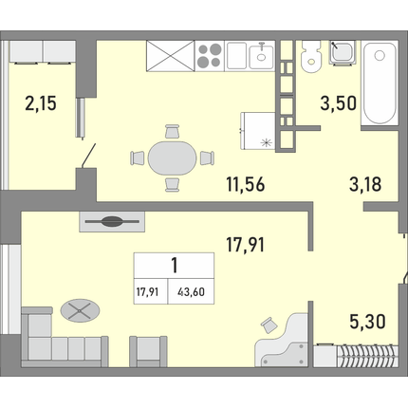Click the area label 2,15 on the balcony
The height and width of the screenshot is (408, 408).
(x=41, y=103)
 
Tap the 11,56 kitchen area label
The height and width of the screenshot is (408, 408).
(x=246, y=184)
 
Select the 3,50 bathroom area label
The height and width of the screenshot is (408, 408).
(x=339, y=103)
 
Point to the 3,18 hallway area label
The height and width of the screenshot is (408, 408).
(x=365, y=184)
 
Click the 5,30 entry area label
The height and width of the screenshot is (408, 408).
(x=367, y=322)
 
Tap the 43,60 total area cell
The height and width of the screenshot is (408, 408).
(x=191, y=292)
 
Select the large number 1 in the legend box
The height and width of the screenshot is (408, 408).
(x=175, y=266)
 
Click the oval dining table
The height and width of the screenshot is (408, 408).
(x=172, y=158)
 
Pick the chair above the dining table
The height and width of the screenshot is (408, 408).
(x=173, y=131)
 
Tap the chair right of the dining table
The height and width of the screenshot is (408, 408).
(x=207, y=158)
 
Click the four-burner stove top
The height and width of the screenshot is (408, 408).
(x=210, y=55)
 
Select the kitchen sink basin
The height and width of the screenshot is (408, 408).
(x=261, y=56)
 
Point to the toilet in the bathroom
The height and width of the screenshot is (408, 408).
(x=310, y=57)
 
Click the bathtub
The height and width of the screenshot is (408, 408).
(x=380, y=83)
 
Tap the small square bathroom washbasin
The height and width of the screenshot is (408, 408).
(x=342, y=52)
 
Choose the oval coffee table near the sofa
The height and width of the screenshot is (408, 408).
(x=80, y=310)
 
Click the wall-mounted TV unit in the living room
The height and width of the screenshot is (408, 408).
(x=112, y=222)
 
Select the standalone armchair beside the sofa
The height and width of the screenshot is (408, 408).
(x=148, y=351)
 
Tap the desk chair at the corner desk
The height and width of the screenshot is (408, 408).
(x=269, y=325)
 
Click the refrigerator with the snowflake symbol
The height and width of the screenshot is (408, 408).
(x=258, y=131)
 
